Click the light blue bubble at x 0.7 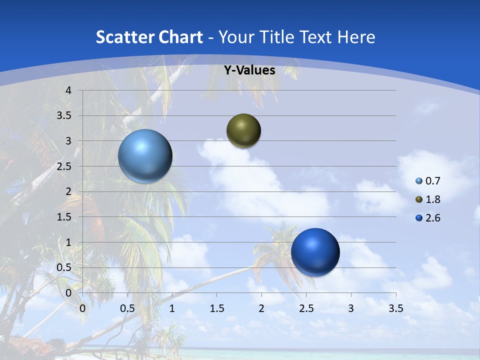(x=145, y=156)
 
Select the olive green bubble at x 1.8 (x=243, y=131)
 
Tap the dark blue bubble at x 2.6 (x=315, y=252)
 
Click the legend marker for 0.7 (x=419, y=181)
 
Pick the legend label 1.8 (x=432, y=199)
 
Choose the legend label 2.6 (x=432, y=218)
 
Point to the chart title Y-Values (x=249, y=70)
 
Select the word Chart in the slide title (x=180, y=37)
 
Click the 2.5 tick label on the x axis (x=306, y=308)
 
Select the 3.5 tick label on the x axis (x=395, y=308)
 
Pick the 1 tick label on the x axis (x=172, y=308)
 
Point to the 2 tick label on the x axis (x=261, y=308)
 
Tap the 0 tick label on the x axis (x=82, y=308)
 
